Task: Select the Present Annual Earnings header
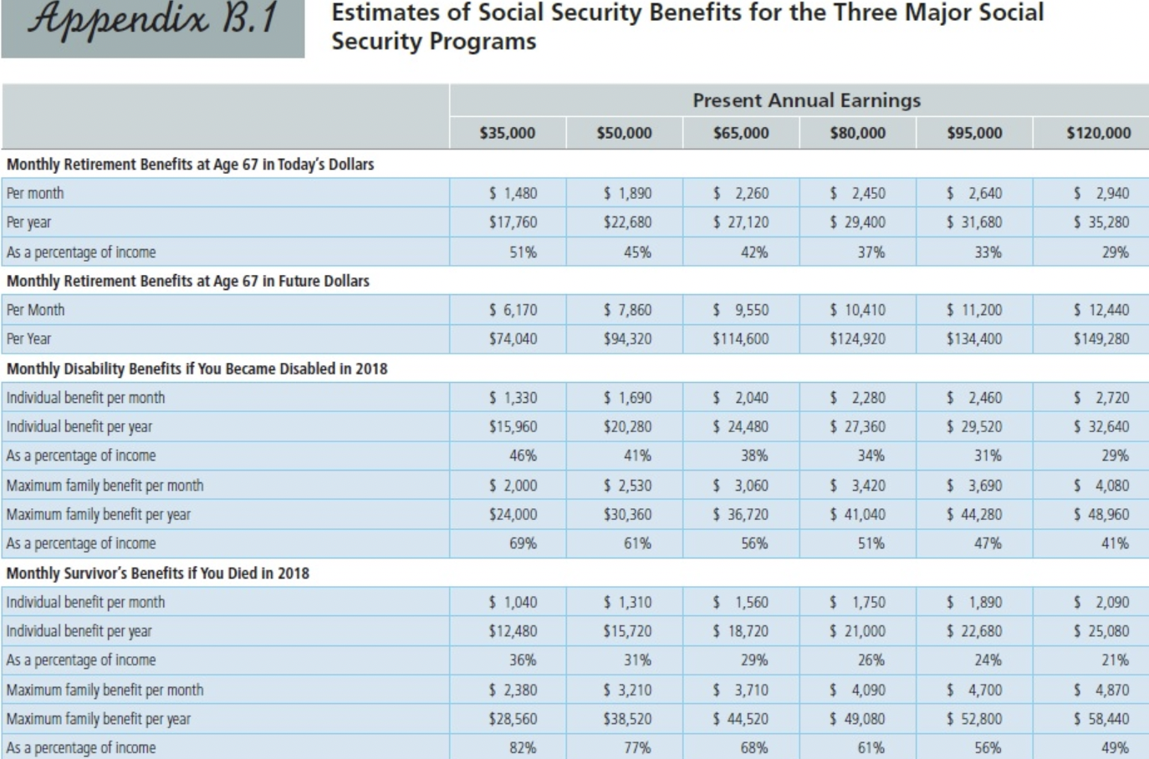pyautogui.click(x=806, y=100)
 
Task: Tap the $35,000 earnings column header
pyautogui.click(x=507, y=133)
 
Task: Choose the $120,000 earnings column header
pyautogui.click(x=1098, y=133)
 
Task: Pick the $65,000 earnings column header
pyautogui.click(x=741, y=133)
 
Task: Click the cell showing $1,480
pyautogui.click(x=513, y=193)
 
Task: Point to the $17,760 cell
pyautogui.click(x=513, y=222)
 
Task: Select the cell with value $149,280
pyautogui.click(x=1101, y=339)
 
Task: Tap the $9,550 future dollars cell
pyautogui.click(x=741, y=310)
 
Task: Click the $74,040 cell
pyautogui.click(x=513, y=339)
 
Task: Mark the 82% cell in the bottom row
pyautogui.click(x=523, y=747)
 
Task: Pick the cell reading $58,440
pyautogui.click(x=1101, y=719)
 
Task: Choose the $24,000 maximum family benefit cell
pyautogui.click(x=513, y=514)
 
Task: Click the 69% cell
pyautogui.click(x=523, y=543)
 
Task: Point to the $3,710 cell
pyautogui.click(x=741, y=690)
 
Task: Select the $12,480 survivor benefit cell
pyautogui.click(x=513, y=631)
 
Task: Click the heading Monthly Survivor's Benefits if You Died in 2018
pyautogui.click(x=158, y=573)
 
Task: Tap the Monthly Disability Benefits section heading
pyautogui.click(x=197, y=369)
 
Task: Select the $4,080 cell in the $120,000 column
pyautogui.click(x=1101, y=486)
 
